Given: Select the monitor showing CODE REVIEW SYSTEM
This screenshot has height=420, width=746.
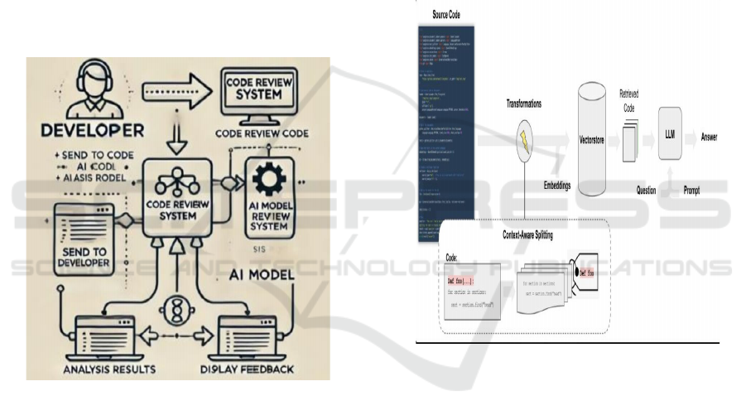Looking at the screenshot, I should [263, 94].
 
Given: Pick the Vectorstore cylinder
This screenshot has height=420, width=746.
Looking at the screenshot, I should [590, 141].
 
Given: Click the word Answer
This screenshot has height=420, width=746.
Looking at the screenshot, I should [710, 136].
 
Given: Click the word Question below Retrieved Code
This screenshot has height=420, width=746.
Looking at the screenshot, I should [646, 190].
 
